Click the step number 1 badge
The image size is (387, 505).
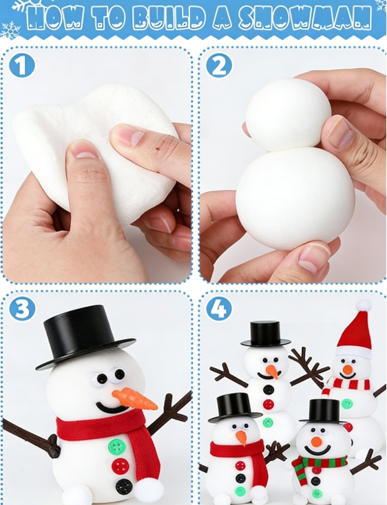(x=21, y=65)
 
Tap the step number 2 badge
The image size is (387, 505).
(x=219, y=65)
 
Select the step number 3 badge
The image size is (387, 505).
(x=22, y=309)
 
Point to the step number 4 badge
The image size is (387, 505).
(x=219, y=309)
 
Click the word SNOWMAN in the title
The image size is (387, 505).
(x=304, y=18)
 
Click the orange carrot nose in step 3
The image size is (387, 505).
(x=135, y=399)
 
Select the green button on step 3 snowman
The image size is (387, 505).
(x=116, y=446)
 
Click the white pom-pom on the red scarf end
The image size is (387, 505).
(x=145, y=491)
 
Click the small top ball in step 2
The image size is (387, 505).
(x=289, y=114)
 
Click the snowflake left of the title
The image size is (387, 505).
(x=10, y=30)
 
